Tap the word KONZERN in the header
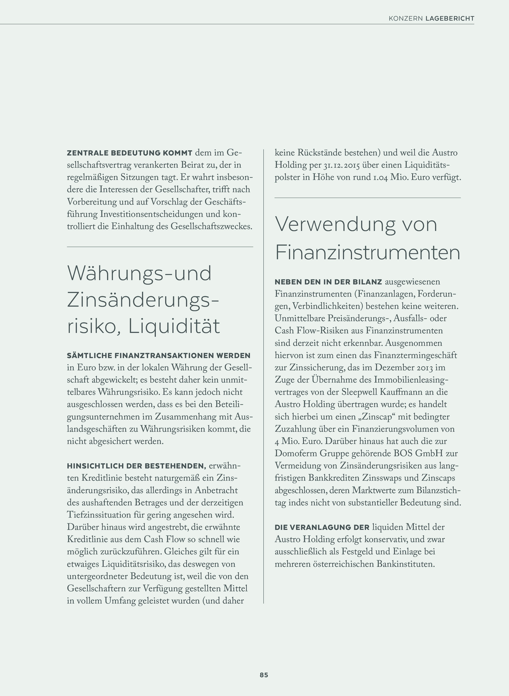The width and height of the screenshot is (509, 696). click(406, 18)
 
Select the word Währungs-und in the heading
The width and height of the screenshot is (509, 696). click(139, 273)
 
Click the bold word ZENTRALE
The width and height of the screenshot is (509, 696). click(87, 153)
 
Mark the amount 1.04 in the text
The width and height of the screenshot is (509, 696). click(380, 177)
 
